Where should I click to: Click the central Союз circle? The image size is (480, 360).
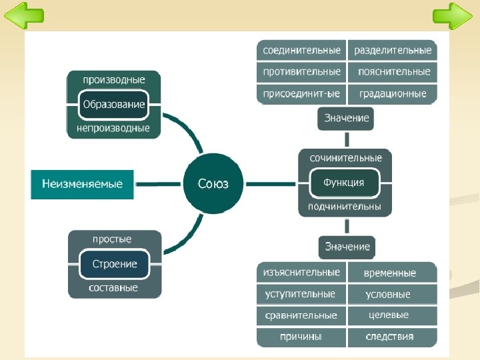pos(213,183)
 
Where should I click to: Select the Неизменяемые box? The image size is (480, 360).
pos(82,184)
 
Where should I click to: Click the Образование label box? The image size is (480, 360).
pos(113,105)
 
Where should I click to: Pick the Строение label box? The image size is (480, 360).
pos(115,264)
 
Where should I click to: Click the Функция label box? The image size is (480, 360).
pos(344,183)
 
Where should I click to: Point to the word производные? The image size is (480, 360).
pos(113,80)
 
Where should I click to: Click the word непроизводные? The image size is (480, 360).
pos(113,128)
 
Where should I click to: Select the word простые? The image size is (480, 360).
pos(111,239)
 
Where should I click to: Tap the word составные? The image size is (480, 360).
pos(113,288)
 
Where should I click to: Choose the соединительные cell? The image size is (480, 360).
pos(301,51)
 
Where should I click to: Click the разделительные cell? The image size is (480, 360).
pos(393,51)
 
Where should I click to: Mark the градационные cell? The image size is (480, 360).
pos(393,94)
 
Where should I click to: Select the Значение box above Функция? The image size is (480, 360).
pos(346,118)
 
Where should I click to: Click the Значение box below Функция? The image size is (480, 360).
pos(347,247)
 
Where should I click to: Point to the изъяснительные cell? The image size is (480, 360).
pos(301,273)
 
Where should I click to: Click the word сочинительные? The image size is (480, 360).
pos(345,159)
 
